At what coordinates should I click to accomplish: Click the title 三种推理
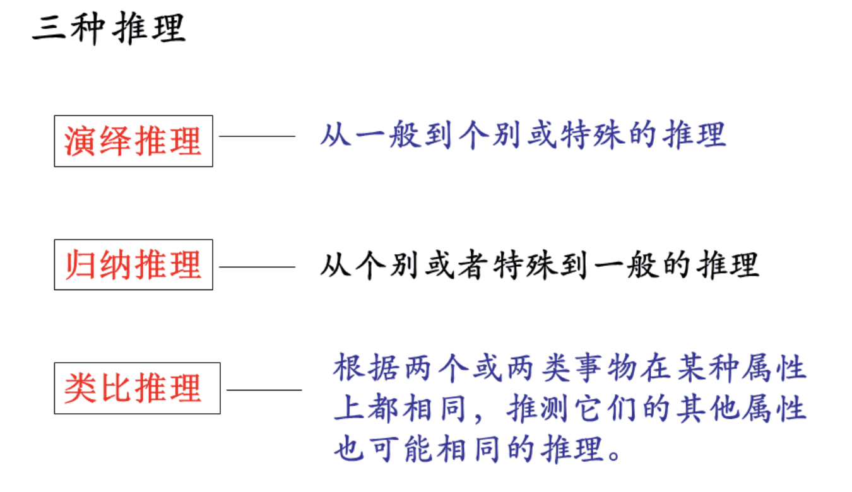pyautogui.click(x=109, y=28)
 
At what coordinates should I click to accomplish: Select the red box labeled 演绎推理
pyautogui.click(x=133, y=141)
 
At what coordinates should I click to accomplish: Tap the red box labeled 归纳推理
pyautogui.click(x=133, y=265)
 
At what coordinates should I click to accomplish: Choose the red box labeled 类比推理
pyautogui.click(x=137, y=389)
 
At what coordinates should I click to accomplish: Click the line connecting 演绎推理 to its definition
pyautogui.click(x=256, y=136)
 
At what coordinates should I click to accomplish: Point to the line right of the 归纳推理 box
pyautogui.click(x=256, y=267)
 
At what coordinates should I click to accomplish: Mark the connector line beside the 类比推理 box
pyautogui.click(x=264, y=389)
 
